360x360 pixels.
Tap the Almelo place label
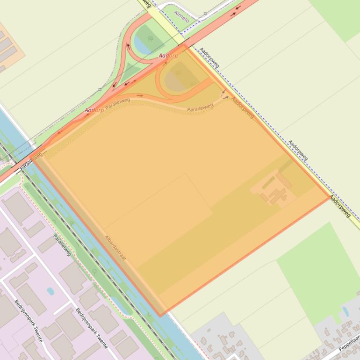click(181, 16)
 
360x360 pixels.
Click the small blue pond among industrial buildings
click(50, 291)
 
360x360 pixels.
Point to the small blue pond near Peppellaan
click(345, 311)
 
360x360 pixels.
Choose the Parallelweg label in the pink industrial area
click(62, 245)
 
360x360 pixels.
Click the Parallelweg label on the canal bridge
click(30, 160)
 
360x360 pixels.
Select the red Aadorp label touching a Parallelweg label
click(94, 110)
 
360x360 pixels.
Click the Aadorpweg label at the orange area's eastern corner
click(340, 206)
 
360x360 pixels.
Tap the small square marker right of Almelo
click(205, 14)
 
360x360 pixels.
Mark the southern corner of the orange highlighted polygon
click(160, 316)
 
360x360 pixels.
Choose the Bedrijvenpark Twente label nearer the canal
click(92, 327)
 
